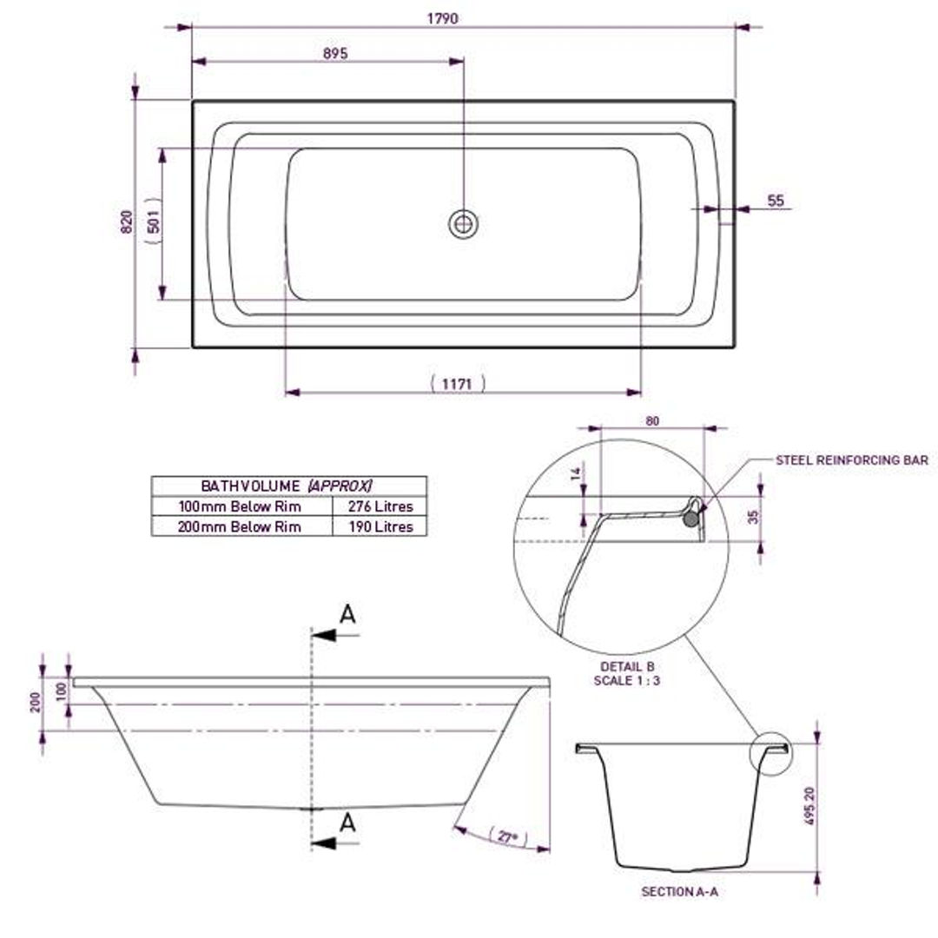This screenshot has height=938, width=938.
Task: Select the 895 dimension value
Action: click(334, 53)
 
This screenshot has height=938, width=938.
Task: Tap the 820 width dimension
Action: click(127, 222)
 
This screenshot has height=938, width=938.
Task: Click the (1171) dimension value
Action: click(458, 383)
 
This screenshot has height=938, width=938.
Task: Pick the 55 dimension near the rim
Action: click(776, 201)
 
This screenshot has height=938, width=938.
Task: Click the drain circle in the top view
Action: click(464, 223)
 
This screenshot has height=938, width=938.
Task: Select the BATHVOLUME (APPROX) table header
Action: click(287, 486)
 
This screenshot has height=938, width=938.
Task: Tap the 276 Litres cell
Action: click(380, 506)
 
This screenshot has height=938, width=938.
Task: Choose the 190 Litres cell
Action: click(380, 526)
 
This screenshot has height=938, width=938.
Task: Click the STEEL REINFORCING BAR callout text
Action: click(851, 460)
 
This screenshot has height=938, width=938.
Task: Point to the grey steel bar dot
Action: click(691, 519)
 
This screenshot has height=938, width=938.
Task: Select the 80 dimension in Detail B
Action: click(653, 421)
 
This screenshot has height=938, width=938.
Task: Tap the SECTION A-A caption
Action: click(680, 892)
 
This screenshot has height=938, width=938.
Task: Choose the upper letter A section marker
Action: click(347, 615)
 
